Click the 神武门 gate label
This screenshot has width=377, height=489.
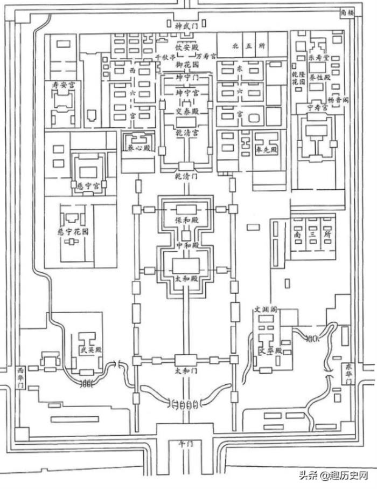(x=186, y=25)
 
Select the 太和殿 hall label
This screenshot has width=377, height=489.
(x=185, y=280)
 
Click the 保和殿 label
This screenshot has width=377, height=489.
(x=186, y=220)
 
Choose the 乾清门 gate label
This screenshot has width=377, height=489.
(x=186, y=176)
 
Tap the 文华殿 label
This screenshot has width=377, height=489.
(x=271, y=350)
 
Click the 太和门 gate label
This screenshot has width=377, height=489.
(x=186, y=371)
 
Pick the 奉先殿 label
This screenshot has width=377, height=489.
(x=266, y=150)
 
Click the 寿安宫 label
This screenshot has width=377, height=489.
(x=62, y=85)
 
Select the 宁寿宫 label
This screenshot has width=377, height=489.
(x=318, y=114)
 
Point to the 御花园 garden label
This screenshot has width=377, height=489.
(x=186, y=64)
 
